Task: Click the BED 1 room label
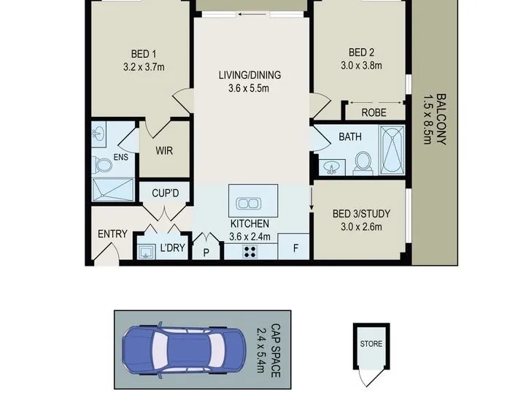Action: pos(144,54)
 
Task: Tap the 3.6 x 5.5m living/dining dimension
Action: pos(249,88)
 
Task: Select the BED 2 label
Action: pos(361,53)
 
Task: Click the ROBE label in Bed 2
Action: pos(374,112)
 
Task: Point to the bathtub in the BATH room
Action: pos(392,150)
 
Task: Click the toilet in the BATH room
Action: pos(363,163)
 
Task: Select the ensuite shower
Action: pos(113,190)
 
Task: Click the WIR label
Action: pos(164,150)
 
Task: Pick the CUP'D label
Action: pos(166,193)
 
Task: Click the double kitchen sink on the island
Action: pos(249,204)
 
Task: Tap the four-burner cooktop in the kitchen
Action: pos(250,252)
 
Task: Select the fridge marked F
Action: pos(293,247)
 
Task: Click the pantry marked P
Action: pos(206,251)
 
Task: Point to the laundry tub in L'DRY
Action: pos(146,251)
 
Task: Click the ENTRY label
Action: pos(112,234)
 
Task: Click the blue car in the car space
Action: pos(184,349)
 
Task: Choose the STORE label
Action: pos(371,344)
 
